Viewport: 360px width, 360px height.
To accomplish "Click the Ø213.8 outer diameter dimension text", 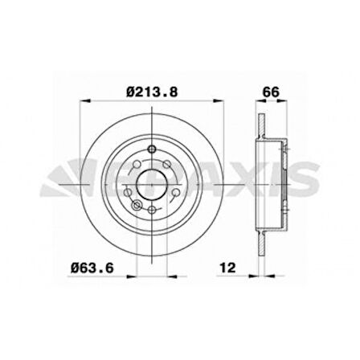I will coord(151,91).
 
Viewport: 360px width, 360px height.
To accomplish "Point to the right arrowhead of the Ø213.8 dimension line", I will coord(217,101).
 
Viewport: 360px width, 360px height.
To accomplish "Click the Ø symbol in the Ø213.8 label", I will coord(129,91).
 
